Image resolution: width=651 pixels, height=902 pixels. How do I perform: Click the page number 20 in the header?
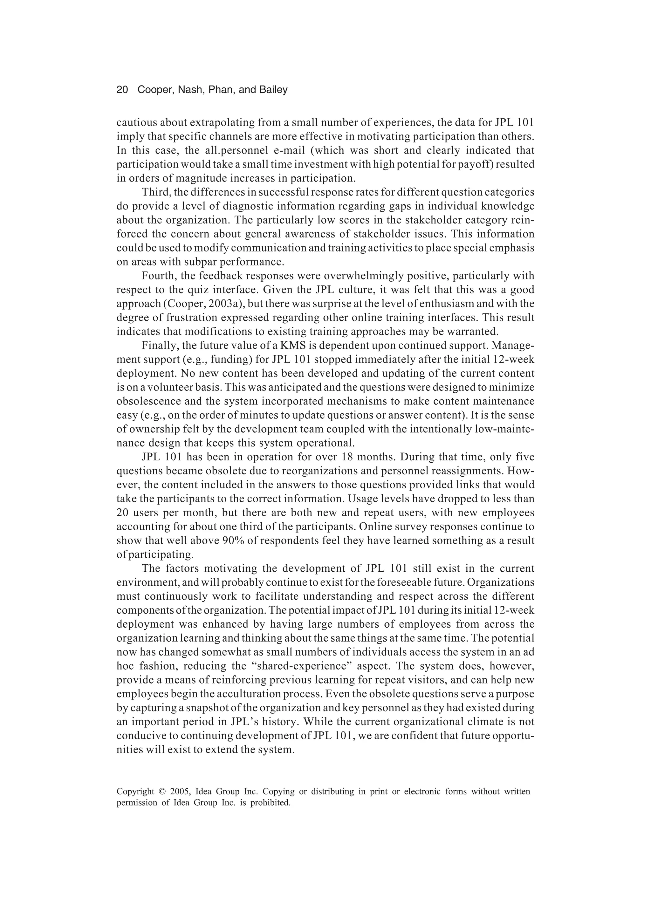[x=122, y=90]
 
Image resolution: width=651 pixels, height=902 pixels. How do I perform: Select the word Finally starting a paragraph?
[x=157, y=346]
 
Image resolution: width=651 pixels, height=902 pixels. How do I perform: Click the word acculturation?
[x=247, y=694]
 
